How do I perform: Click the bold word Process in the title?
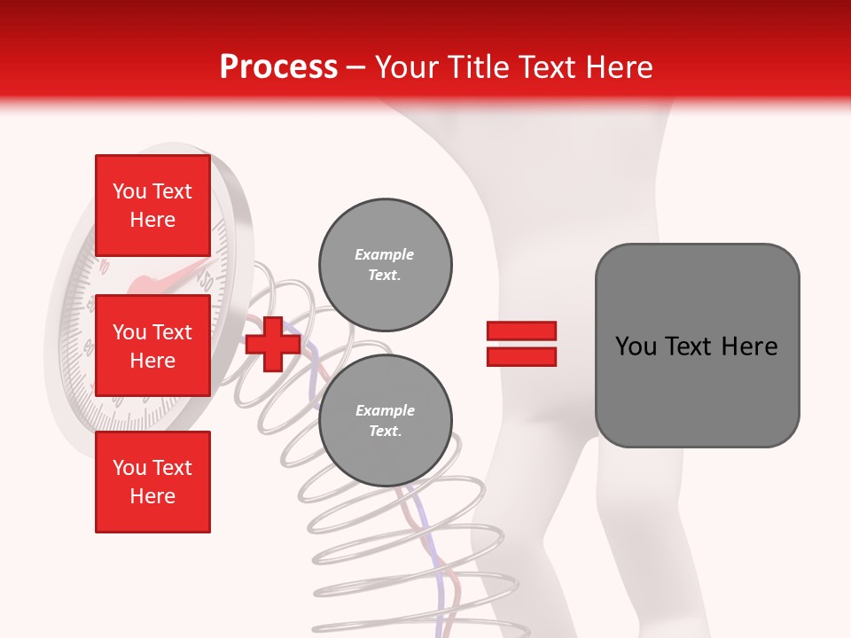click(x=278, y=67)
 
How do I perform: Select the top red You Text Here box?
click(x=152, y=206)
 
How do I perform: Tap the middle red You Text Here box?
click(x=152, y=346)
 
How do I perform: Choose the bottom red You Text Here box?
click(x=152, y=482)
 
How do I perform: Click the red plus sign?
click(x=273, y=344)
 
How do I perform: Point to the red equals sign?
click(x=521, y=344)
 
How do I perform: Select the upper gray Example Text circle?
click(x=386, y=264)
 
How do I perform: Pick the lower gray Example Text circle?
click(x=386, y=420)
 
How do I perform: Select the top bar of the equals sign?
click(x=521, y=331)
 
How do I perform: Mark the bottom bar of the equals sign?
click(x=521, y=356)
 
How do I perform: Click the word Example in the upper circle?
click(x=384, y=254)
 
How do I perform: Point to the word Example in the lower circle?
click(x=385, y=410)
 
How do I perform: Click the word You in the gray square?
click(x=636, y=346)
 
